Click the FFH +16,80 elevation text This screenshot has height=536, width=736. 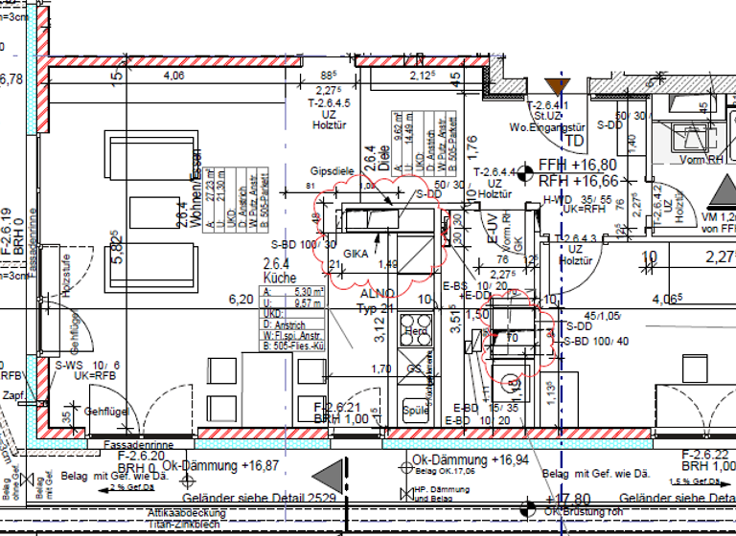581,164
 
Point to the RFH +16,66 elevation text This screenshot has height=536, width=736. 581,179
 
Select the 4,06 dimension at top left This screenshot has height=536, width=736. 174,76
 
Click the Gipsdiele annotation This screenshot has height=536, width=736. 333,170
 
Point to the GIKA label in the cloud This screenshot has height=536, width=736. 356,253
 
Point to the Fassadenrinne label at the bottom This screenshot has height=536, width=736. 132,445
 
